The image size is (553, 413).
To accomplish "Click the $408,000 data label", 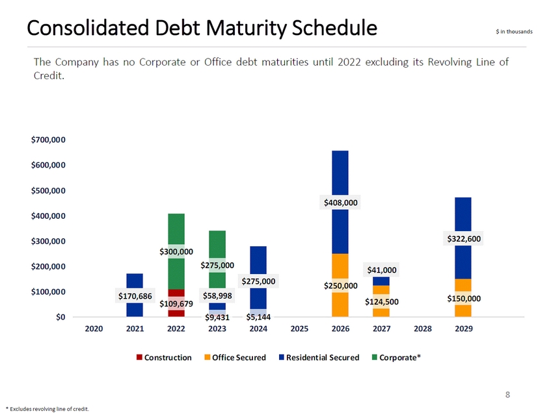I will (342, 203).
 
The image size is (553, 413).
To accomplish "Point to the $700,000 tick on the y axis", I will (49, 140).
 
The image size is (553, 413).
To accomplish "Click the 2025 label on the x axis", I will (299, 329).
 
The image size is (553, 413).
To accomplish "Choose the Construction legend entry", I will (164, 358).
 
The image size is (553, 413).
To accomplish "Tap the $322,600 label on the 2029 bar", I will (463, 239).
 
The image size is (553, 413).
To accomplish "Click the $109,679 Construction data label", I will (176, 303).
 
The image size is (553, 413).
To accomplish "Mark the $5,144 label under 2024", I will (258, 317).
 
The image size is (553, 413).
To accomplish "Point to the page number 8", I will (508, 394).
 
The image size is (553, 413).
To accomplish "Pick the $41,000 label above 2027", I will (381, 270).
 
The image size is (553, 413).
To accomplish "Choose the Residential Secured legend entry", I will (319, 358).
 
